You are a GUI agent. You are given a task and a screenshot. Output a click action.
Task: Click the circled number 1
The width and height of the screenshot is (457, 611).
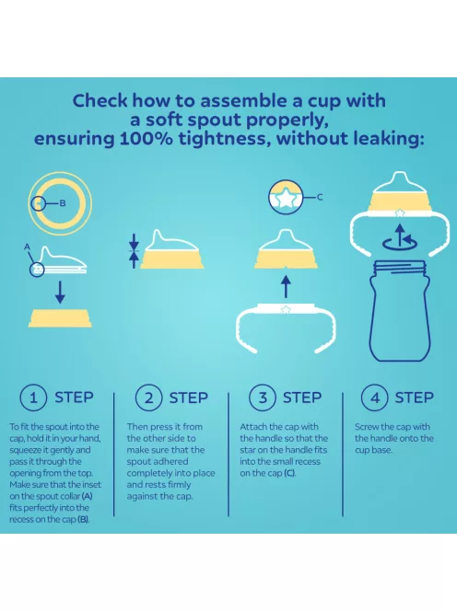[x=33, y=398]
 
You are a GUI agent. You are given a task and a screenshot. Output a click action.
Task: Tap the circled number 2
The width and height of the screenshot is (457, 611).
[x=148, y=398]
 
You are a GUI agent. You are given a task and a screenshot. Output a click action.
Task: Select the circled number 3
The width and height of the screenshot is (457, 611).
[x=263, y=398]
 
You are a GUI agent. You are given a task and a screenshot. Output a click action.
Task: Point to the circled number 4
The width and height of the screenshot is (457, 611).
[x=375, y=398]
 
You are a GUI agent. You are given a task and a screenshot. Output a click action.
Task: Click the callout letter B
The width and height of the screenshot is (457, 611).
[x=63, y=203]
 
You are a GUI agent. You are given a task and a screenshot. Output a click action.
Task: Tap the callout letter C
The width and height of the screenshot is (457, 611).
[x=320, y=197]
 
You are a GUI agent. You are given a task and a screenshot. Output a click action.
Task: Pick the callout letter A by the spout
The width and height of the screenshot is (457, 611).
[x=27, y=247]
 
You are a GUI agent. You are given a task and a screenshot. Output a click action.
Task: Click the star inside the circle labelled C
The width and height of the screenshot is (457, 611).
[x=286, y=199]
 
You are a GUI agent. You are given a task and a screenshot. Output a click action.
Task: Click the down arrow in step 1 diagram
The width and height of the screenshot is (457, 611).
[x=60, y=293]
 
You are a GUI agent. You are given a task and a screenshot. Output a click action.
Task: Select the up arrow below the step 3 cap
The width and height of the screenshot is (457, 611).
[x=286, y=287]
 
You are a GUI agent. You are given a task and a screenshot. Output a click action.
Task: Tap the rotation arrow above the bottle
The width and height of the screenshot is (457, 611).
[x=400, y=238]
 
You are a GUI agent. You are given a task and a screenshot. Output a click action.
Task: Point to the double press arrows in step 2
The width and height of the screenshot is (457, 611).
[x=134, y=250]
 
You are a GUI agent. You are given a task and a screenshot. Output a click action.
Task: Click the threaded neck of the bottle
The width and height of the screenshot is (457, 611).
[x=400, y=268]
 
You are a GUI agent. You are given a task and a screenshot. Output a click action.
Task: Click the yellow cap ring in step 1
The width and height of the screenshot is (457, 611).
[x=60, y=318]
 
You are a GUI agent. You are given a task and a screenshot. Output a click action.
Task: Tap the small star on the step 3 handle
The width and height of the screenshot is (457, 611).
[x=286, y=310]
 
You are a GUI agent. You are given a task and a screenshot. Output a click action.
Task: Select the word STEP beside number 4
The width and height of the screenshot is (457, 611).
[x=414, y=398]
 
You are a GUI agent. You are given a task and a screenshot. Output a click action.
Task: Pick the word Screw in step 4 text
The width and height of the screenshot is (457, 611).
[x=367, y=427]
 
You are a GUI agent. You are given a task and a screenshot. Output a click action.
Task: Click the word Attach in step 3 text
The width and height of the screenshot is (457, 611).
[x=253, y=427]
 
